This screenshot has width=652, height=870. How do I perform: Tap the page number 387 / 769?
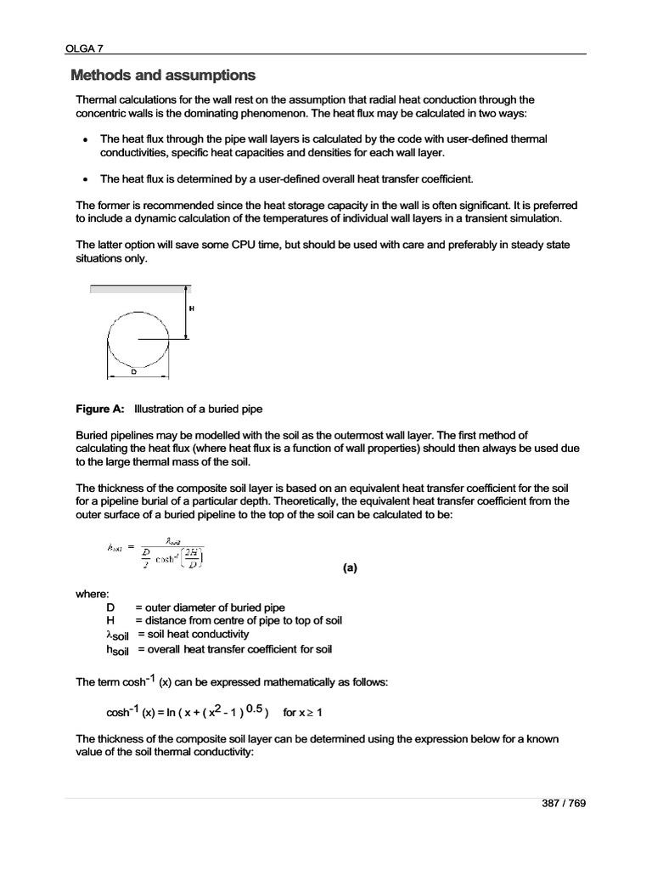tap(564, 805)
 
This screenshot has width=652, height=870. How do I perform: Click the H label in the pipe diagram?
tap(191, 308)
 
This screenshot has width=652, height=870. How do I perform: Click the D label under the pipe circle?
tap(132, 371)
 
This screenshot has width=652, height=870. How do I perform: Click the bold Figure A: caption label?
tap(100, 409)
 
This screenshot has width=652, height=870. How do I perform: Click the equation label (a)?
tap(350, 571)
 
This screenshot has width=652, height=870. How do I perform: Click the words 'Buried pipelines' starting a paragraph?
tap(114, 435)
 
